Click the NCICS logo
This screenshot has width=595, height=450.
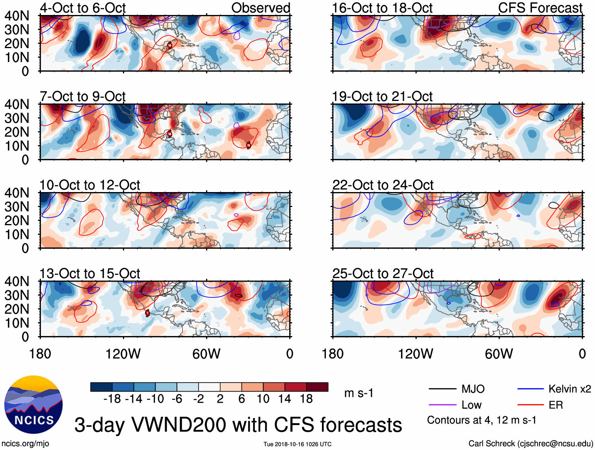click(x=33, y=405)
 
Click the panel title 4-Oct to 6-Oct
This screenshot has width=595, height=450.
click(x=82, y=8)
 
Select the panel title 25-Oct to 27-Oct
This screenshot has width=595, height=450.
click(x=383, y=273)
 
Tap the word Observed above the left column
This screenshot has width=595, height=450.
click(x=260, y=8)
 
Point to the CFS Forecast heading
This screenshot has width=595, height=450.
click(x=540, y=8)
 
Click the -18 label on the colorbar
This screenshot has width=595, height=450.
click(x=112, y=399)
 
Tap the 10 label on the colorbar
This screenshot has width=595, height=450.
click(x=263, y=399)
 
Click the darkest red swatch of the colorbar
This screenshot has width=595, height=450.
click(x=317, y=387)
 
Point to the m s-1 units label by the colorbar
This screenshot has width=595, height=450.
click(x=359, y=393)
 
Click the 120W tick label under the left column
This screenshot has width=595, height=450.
click(x=123, y=354)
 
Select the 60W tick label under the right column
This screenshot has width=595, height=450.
click(x=499, y=354)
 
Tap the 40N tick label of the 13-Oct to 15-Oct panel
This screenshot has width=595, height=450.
click(x=17, y=282)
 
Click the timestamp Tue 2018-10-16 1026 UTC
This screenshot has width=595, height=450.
click(x=297, y=444)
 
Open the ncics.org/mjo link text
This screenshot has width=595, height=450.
click(x=25, y=444)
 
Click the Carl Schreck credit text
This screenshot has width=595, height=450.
click(x=530, y=444)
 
